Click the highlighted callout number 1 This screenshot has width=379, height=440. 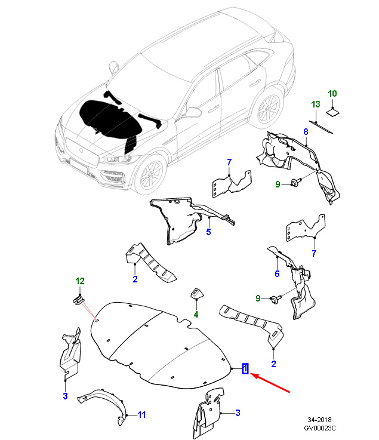point(245,368)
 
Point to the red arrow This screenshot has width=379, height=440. point(270,383)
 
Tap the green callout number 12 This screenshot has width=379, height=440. point(80,281)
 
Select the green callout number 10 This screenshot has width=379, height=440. point(332,94)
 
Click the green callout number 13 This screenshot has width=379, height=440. point(316,104)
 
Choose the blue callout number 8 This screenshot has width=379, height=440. point(306,131)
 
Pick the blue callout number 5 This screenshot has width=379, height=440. point(208,232)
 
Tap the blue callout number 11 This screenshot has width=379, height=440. point(141,415)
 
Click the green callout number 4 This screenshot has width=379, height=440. point(196,315)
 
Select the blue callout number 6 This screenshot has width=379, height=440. point(277,273)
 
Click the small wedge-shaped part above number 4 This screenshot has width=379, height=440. point(197,293)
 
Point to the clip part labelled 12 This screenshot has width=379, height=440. point(78,301)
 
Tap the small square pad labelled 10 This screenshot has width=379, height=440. point(332,112)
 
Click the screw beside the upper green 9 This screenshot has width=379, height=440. point(295,182)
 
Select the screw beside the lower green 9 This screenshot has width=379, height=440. point(276,299)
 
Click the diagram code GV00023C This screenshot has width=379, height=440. point(320,428)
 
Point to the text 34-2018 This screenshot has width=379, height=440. point(319,420)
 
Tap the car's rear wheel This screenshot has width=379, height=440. point(268,108)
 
